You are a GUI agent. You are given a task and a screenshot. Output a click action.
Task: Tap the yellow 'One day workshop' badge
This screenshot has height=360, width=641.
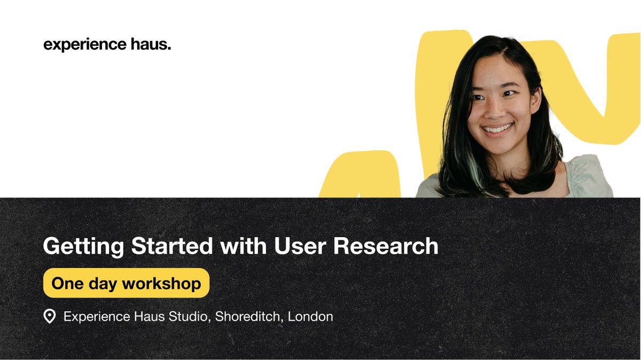coord(126,283)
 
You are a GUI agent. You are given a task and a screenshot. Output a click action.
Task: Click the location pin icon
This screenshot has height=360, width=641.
coord(49,317)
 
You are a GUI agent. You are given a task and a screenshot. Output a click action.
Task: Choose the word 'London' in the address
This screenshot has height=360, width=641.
coord(310,316)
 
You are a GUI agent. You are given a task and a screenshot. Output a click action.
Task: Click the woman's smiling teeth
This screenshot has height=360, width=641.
coord(497,129)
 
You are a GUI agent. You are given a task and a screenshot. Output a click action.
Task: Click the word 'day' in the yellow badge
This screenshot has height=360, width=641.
coord(101,284)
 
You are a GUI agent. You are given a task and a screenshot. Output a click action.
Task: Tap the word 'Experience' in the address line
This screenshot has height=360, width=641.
coord(96,317)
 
